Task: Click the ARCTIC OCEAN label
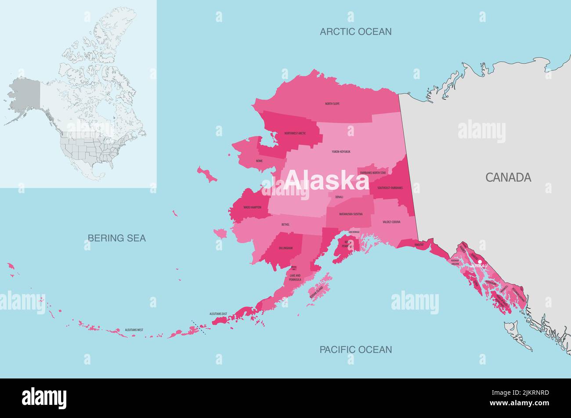(x=355, y=32)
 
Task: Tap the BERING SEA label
(x=116, y=238)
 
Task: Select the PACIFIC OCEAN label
(x=355, y=350)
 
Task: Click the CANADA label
(x=508, y=177)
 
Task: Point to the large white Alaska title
(x=327, y=180)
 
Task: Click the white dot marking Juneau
(x=480, y=262)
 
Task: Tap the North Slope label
(x=332, y=104)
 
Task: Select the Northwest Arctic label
(x=295, y=133)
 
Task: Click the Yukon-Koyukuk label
(x=341, y=151)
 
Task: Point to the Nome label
(x=259, y=161)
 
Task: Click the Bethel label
(x=285, y=224)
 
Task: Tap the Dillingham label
(x=285, y=248)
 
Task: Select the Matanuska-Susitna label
(x=351, y=214)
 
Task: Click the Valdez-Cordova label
(x=391, y=222)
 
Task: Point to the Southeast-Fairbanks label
(x=390, y=188)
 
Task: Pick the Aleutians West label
(x=134, y=330)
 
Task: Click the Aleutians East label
(x=218, y=314)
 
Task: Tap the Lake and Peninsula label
(x=295, y=277)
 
